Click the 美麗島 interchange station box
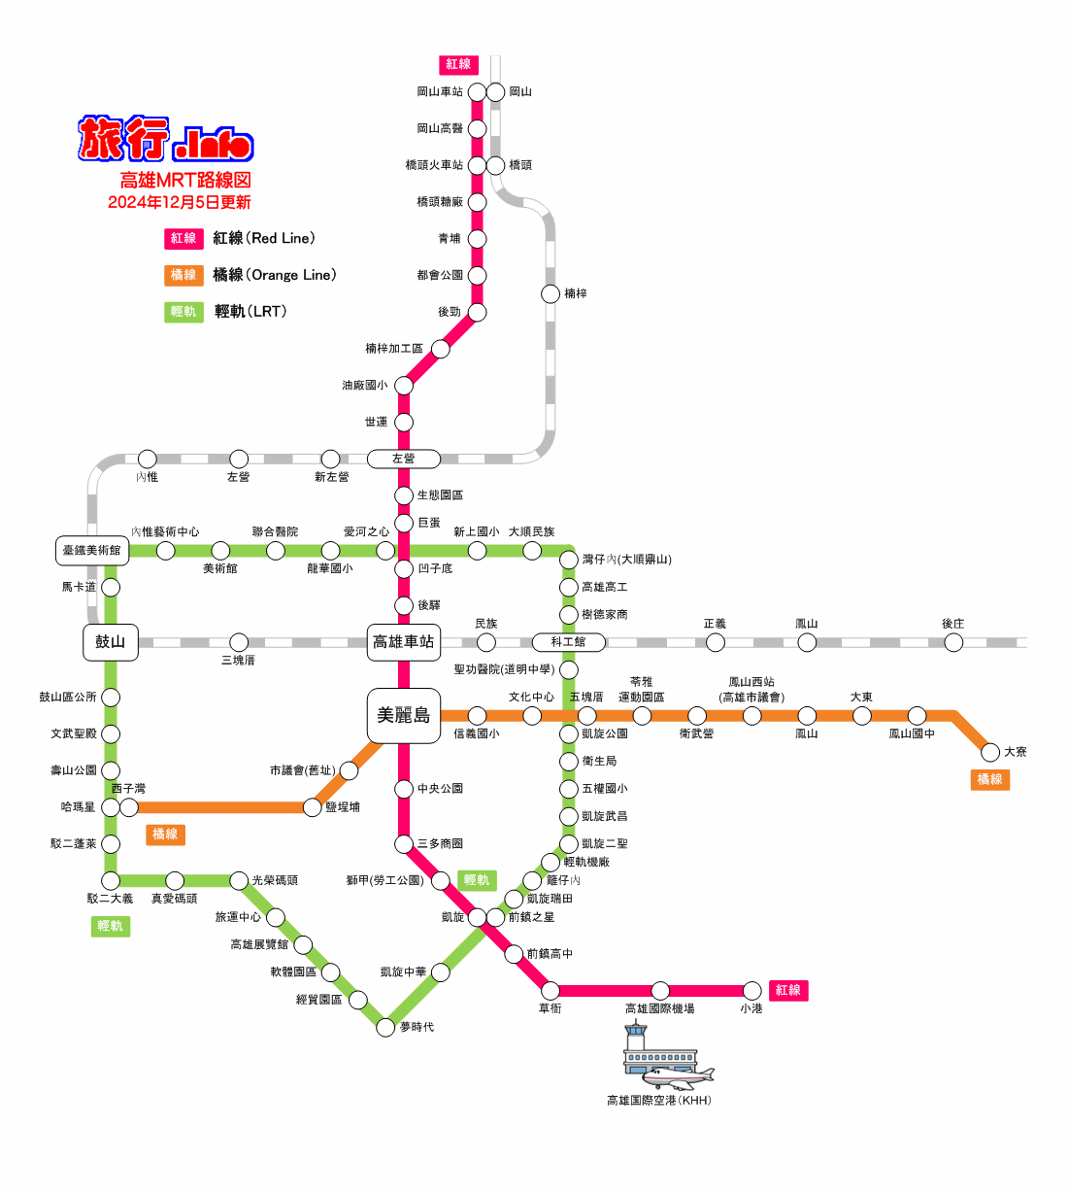tap(403, 715)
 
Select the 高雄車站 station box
tap(403, 642)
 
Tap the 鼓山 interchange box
tap(110, 642)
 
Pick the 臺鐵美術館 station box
tap(92, 550)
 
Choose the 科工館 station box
tap(568, 642)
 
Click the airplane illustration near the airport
tap(677, 1077)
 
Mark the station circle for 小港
tap(751, 990)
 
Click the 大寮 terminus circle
tap(989, 752)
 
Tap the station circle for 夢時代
tap(384, 1027)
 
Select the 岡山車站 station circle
tap(477, 92)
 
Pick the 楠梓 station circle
tap(551, 293)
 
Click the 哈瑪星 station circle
tap(110, 807)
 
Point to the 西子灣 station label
tap(128, 788)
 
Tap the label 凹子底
tap(435, 568)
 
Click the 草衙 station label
tap(551, 1008)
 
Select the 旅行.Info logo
tap(165, 138)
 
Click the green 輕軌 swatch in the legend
tap(184, 312)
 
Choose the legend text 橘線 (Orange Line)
tap(274, 275)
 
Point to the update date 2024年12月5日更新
tap(179, 202)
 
